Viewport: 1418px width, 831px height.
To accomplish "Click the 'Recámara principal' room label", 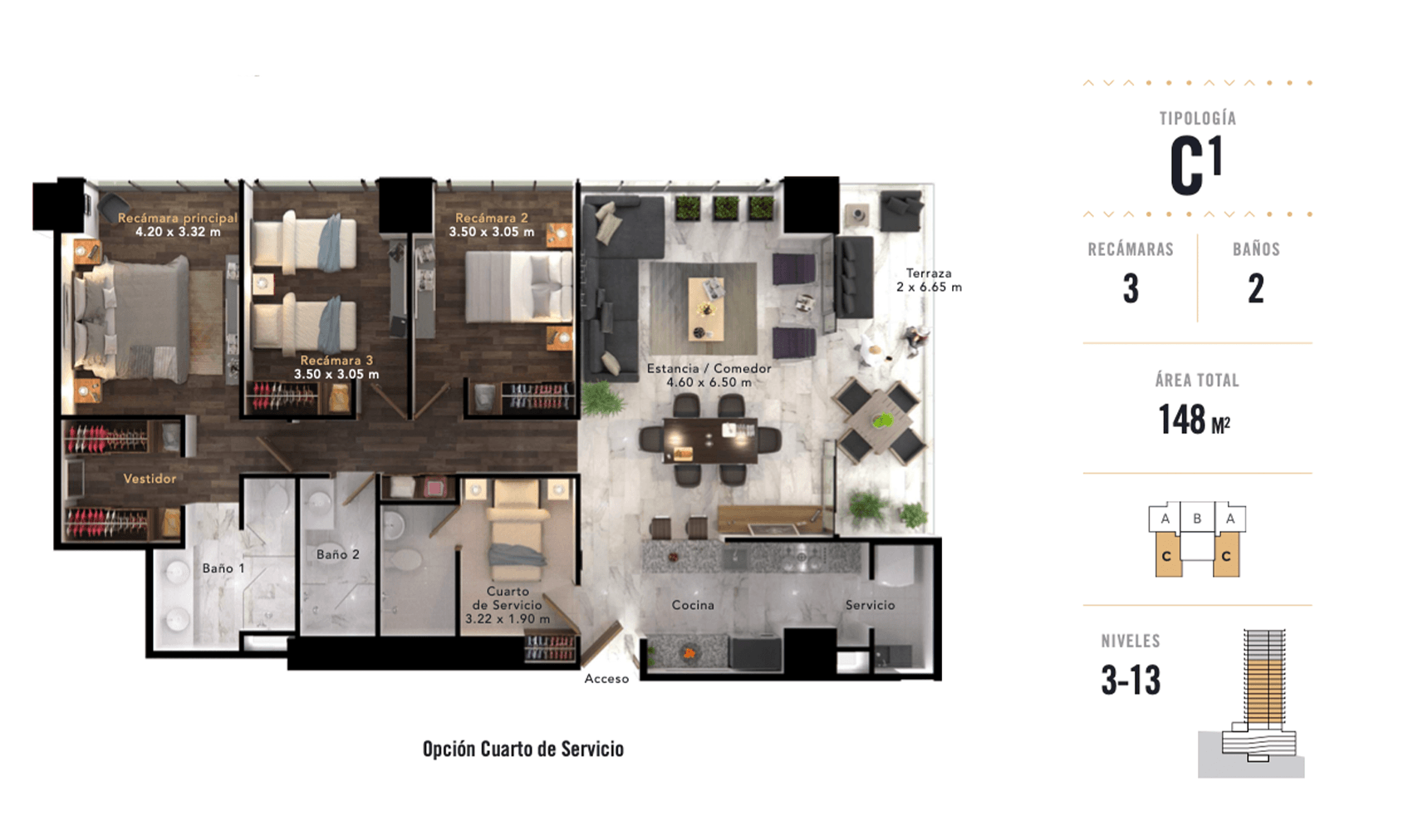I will [x=177, y=218].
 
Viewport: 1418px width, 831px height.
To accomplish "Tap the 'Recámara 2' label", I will [x=491, y=218].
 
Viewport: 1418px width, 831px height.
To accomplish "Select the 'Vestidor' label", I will [x=150, y=479].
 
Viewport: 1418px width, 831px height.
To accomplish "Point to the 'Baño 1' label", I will [x=223, y=568].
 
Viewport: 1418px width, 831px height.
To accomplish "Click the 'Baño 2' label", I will [x=337, y=554].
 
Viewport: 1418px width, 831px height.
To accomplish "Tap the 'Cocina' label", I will [x=693, y=605].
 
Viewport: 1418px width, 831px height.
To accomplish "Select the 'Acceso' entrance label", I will [x=606, y=679].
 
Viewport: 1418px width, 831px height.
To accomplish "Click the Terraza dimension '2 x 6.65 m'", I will [x=929, y=288].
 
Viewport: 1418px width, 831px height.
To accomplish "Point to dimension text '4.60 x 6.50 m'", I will [x=709, y=382].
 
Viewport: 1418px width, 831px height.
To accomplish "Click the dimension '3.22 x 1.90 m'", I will [x=507, y=619].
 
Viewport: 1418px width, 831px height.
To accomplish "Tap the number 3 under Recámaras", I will [x=1131, y=288].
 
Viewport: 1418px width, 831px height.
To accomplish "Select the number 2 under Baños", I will [x=1255, y=288].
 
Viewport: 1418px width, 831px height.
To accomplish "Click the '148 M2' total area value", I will [x=1195, y=420].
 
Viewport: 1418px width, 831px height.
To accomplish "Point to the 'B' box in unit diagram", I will [x=1197, y=519].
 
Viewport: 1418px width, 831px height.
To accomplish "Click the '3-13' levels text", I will [x=1131, y=680].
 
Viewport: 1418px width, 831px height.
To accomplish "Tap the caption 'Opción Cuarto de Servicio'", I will [x=523, y=750].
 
